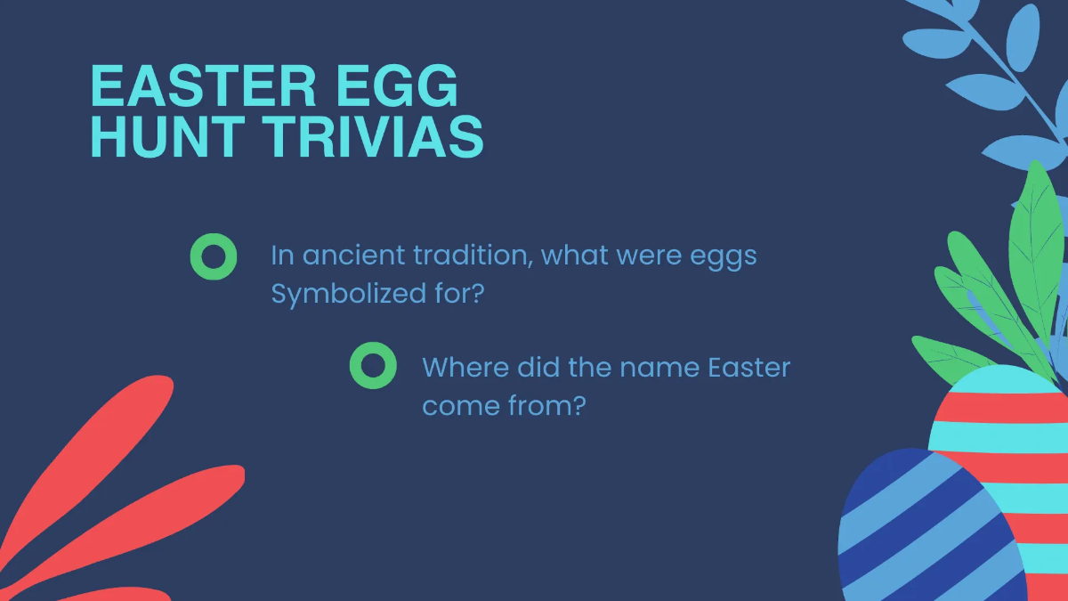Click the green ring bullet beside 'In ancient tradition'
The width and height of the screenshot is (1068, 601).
214,256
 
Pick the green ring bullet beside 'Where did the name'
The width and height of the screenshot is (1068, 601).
373,366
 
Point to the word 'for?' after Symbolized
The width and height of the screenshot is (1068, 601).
459,293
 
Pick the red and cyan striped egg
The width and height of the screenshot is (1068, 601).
1006,427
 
